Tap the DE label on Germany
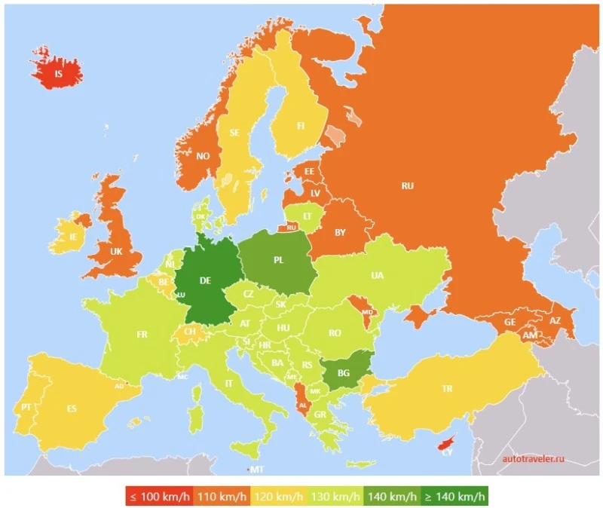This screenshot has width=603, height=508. (205, 280)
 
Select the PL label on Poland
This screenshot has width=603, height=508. (278, 260)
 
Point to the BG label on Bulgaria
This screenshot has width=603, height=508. (344, 373)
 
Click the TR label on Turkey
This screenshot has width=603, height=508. (447, 389)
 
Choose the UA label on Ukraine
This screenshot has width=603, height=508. (377, 275)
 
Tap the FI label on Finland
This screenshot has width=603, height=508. (300, 126)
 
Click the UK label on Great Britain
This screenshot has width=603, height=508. (116, 251)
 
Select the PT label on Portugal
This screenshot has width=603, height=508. (26, 406)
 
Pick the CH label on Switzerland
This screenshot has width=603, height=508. (190, 331)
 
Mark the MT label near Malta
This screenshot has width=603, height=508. (256, 470)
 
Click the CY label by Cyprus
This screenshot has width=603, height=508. (447, 451)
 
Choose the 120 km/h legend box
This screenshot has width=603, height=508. (277, 497)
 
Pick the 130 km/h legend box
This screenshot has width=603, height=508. (335, 497)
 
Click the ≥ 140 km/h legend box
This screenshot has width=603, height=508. (456, 497)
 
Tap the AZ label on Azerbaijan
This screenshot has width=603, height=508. (556, 320)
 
